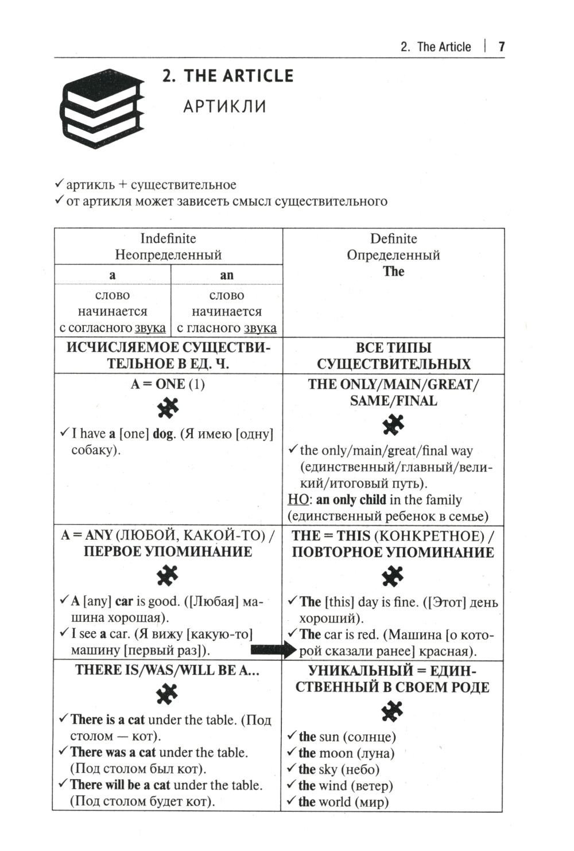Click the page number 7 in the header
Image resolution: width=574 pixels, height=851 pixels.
coord(501,47)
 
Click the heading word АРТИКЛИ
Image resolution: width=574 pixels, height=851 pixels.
coord(224,107)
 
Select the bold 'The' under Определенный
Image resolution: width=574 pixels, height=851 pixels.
coord(394,272)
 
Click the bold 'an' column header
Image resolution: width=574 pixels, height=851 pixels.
coord(227,275)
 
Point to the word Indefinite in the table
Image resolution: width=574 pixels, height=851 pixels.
coord(168,238)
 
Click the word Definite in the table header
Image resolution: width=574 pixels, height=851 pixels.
coord(394,238)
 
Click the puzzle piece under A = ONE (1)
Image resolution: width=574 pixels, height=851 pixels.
coord(168,409)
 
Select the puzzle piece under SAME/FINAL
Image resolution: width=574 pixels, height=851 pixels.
coord(393,425)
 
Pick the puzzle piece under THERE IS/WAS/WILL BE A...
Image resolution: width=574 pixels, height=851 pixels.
coord(167,695)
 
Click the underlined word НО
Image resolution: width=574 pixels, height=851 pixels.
coord(298,500)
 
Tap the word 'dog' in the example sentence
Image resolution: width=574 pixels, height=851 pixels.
coord(164,434)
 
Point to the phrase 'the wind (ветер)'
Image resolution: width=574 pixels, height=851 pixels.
coord(346,786)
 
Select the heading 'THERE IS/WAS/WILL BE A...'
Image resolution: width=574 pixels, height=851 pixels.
coord(167,670)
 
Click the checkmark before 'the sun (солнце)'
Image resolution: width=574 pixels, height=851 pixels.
coord(292,736)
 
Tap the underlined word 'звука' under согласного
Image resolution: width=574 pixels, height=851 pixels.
coord(150,328)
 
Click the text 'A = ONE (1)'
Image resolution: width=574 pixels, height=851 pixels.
coord(168,384)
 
